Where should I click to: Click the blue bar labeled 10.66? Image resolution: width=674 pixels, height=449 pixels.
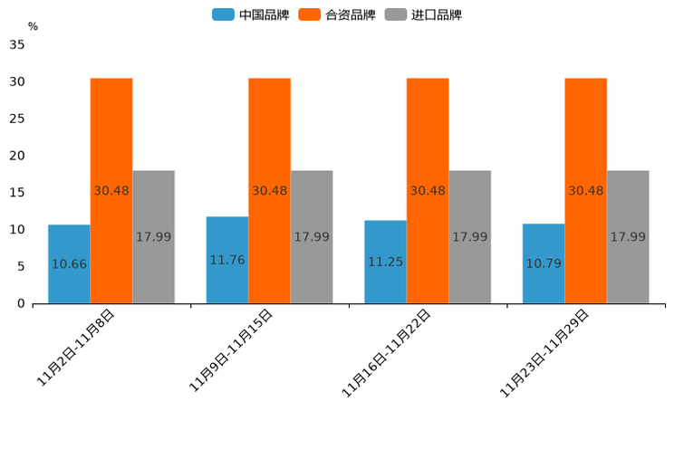tap(69, 263)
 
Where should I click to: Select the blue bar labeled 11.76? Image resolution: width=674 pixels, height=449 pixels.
tap(226, 260)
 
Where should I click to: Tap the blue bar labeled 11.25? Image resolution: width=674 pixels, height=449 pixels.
tap(385, 262)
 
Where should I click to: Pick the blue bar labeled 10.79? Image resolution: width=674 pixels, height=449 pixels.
tap(544, 263)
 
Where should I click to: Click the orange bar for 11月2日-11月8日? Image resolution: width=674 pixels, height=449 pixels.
tap(111, 190)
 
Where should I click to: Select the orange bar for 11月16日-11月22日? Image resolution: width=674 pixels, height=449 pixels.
tap(428, 190)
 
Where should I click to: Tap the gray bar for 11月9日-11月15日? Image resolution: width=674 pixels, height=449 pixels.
tap(312, 236)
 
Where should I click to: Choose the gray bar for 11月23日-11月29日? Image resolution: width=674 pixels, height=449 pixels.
tap(628, 236)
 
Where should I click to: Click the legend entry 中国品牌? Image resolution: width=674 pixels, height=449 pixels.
tap(251, 14)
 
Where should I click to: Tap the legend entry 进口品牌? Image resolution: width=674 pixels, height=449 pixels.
tap(423, 14)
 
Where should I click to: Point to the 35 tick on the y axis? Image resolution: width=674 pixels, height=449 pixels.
tap(16, 45)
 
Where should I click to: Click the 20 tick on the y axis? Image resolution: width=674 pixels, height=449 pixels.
tap(16, 156)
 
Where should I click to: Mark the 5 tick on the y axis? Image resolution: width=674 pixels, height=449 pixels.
tap(20, 266)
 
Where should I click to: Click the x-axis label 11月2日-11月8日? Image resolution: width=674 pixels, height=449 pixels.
tap(76, 348)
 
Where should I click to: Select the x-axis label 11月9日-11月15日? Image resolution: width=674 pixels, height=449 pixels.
tap(231, 350)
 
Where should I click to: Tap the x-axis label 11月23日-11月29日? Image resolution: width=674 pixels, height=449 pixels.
tap(545, 352)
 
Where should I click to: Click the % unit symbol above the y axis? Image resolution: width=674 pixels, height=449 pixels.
tap(33, 26)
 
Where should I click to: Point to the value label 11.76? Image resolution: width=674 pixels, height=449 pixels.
tap(226, 260)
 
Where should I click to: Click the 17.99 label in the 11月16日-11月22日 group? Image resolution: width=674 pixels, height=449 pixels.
tap(469, 236)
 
